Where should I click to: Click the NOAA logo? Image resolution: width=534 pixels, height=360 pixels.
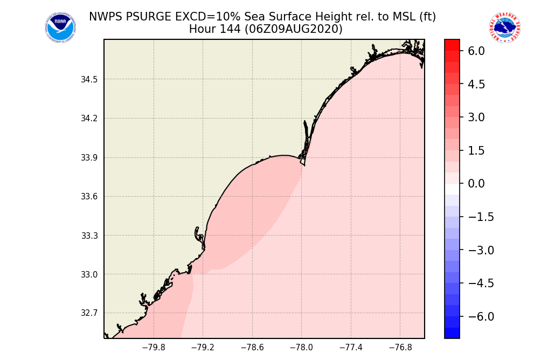click(x=60, y=27)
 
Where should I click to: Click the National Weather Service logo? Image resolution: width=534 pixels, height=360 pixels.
click(x=504, y=27)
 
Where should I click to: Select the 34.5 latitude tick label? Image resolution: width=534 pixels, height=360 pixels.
click(x=89, y=80)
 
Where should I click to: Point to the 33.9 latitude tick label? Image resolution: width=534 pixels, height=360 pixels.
click(x=89, y=158)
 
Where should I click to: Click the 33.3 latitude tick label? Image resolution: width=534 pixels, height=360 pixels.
click(x=89, y=236)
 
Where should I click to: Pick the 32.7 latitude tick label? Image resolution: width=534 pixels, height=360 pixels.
click(x=89, y=313)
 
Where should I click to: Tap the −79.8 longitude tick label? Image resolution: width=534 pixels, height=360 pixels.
click(x=154, y=348)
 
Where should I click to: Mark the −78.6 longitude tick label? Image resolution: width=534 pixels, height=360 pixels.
click(x=252, y=348)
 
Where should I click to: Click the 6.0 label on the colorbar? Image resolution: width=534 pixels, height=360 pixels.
click(x=476, y=51)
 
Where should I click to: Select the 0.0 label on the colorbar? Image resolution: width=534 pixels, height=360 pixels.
click(x=476, y=184)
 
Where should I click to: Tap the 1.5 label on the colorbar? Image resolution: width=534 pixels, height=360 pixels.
click(x=476, y=151)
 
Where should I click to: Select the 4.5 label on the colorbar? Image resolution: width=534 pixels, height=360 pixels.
click(x=476, y=84)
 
